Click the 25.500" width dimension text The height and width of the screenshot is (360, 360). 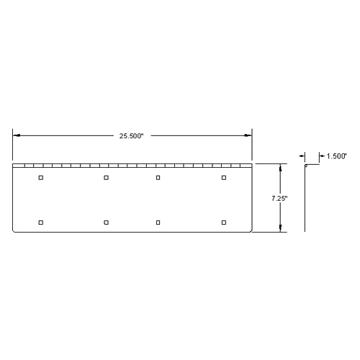tap(132, 135)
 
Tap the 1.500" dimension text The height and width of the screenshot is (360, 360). tap(337, 156)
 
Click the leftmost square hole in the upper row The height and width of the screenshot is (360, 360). tap(41, 177)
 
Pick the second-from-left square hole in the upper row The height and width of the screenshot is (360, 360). tap(106, 177)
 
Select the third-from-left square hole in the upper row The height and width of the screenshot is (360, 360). tap(158, 177)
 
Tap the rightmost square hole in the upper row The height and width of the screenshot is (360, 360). tap(224, 177)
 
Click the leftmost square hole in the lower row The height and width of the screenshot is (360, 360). tap(41, 222)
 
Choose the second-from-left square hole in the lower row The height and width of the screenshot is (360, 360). tap(106, 222)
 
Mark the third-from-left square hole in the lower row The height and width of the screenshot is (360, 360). tap(158, 222)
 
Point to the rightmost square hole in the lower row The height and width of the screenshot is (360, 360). tap(224, 222)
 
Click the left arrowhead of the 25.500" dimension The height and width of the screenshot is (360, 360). tap(16, 135)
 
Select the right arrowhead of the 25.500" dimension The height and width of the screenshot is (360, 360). tap(248, 135)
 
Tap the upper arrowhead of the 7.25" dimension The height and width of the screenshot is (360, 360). tap(280, 167)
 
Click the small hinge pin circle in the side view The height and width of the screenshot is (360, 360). tap(305, 166)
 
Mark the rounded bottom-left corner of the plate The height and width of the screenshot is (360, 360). tap(14, 230)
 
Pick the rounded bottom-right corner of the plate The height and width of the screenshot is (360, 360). tap(251, 230)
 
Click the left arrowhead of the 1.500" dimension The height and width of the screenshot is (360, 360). tap(302, 156)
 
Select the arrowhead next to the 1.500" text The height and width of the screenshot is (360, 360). tap(321, 156)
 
